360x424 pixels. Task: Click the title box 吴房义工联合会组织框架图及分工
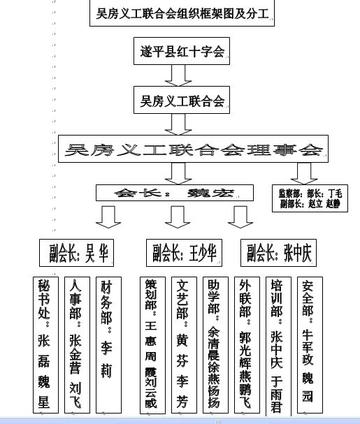tap(182, 14)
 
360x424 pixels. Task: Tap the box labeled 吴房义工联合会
tap(182, 100)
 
